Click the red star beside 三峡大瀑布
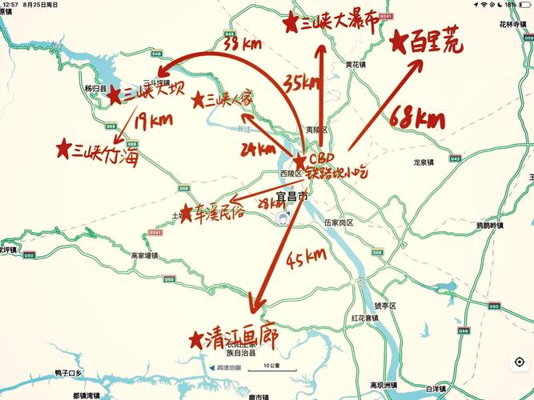point(290,24)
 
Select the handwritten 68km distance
point(417,121)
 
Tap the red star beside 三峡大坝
point(114,94)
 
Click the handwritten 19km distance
point(153,121)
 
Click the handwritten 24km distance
point(257,149)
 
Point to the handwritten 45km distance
point(306,257)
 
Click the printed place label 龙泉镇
point(423,162)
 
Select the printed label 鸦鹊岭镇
point(489,226)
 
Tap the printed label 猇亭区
point(387,305)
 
